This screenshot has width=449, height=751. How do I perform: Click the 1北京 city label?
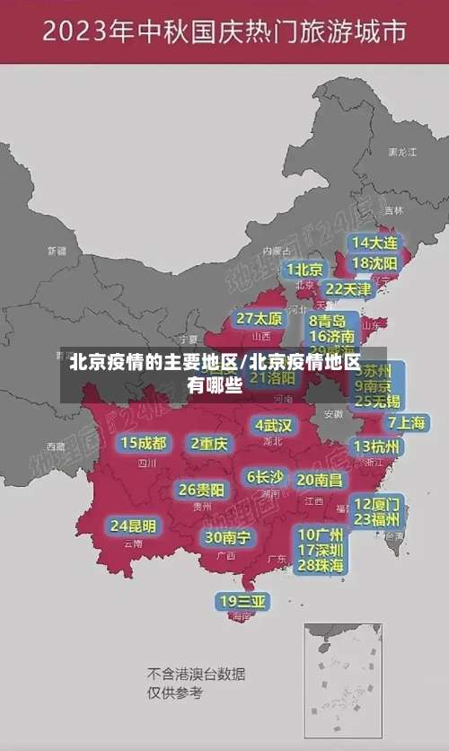[x=305, y=269]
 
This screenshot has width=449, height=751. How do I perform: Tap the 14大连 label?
[x=374, y=243]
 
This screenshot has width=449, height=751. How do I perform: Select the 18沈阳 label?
[x=374, y=263]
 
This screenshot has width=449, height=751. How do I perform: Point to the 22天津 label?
[x=348, y=289]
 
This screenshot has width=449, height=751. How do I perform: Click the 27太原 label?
[x=260, y=319]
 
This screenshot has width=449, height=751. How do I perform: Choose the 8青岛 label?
[x=327, y=321]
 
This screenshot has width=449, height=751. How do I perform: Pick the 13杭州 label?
[x=378, y=446]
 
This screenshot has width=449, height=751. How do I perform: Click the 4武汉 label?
[x=273, y=425]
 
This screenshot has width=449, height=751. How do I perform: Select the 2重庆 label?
[x=209, y=443]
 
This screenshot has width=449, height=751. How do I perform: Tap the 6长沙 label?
[x=265, y=477]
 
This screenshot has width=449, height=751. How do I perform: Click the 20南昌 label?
[x=319, y=480]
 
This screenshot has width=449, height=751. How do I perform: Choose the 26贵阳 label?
[x=202, y=490]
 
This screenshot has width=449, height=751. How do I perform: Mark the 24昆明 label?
[x=133, y=526]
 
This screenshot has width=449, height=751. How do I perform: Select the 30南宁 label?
[x=227, y=537]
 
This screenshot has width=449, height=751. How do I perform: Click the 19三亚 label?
[x=242, y=601]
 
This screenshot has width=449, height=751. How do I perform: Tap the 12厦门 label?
[x=377, y=503]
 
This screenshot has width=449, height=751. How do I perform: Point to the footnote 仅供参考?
[x=175, y=694]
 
